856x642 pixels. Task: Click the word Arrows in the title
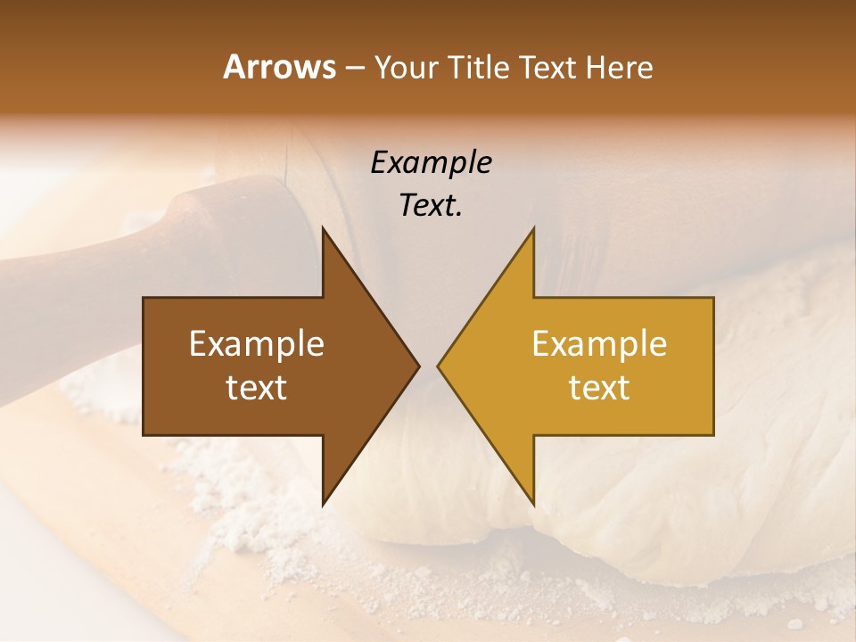279,67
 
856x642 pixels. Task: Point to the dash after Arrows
354,68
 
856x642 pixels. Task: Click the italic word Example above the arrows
431,163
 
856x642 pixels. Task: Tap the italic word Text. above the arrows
431,206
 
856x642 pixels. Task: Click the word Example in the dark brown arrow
257,344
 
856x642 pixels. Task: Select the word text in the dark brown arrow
257,388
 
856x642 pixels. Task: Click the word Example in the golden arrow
599,344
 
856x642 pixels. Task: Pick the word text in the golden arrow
599,388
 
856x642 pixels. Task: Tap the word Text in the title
547,67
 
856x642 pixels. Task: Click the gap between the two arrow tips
428,366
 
